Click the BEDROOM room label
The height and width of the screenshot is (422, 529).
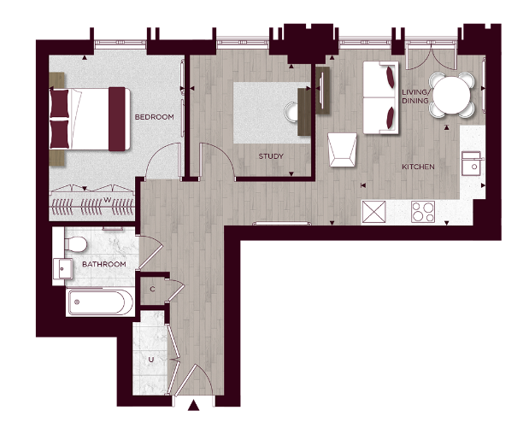click(x=154, y=116)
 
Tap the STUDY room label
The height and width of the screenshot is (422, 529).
click(x=271, y=156)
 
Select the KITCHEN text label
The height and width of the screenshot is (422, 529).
click(x=419, y=167)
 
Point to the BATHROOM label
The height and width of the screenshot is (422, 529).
click(x=104, y=265)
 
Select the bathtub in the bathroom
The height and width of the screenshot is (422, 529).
click(x=100, y=302)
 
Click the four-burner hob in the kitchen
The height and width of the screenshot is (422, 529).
click(x=424, y=210)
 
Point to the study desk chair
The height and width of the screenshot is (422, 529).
click(x=292, y=110)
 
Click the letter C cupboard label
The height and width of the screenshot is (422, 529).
click(x=152, y=290)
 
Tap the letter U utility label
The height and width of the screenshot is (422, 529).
click(x=151, y=360)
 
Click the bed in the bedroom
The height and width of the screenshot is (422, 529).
click(x=90, y=118)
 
